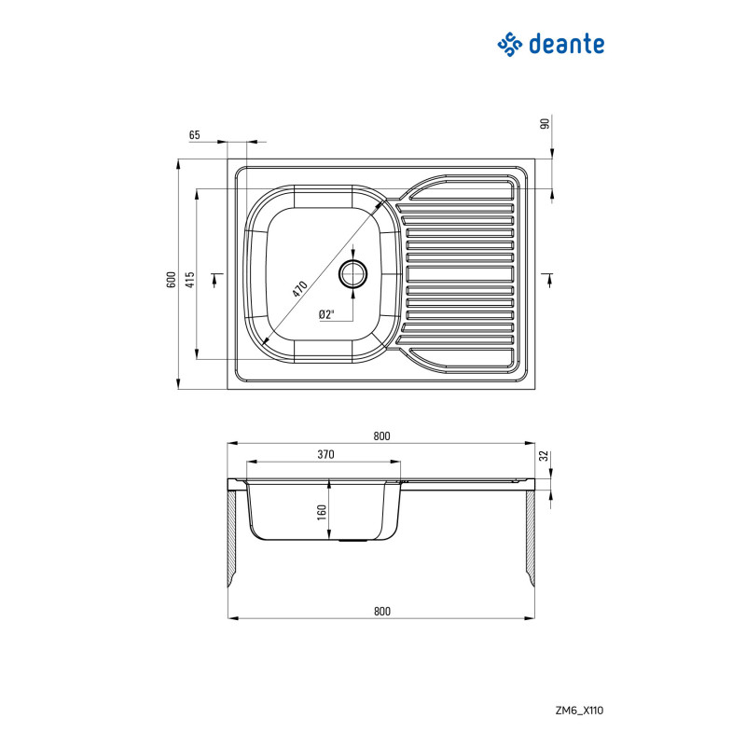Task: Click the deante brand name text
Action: point(566,44)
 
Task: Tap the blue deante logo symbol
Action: point(509,44)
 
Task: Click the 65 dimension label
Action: point(194,135)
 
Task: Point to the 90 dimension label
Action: point(546,123)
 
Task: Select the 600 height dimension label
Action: point(172,279)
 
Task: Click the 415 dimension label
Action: point(190,279)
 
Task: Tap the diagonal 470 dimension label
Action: point(299,289)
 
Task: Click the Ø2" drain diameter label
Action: point(326,314)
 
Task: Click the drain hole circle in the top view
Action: point(353,274)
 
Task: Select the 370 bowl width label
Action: point(325,454)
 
